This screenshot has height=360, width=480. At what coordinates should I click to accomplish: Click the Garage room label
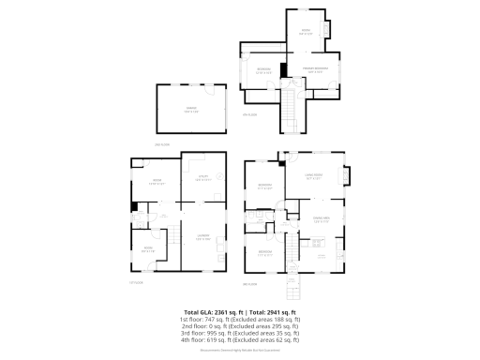point(191,110)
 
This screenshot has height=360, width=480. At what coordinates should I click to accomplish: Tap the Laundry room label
point(202,238)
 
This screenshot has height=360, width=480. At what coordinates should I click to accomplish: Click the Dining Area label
point(321,220)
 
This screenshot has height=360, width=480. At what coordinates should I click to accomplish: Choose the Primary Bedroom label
point(313,70)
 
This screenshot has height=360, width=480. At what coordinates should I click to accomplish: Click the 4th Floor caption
point(249,114)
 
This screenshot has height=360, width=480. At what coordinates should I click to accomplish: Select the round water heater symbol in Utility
point(217,175)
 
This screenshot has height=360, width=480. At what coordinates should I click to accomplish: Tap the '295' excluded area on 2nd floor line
point(279,325)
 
